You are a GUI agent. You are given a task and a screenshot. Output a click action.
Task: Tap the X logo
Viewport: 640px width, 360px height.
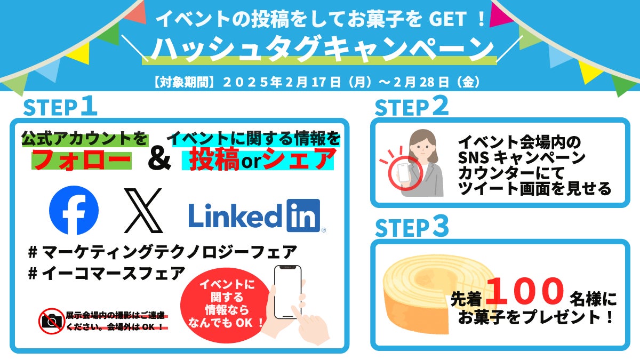click(x=143, y=211)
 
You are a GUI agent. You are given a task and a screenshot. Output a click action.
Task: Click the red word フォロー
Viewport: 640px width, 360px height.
click(x=82, y=159)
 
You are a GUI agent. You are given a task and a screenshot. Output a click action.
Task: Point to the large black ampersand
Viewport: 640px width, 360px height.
click(x=159, y=159)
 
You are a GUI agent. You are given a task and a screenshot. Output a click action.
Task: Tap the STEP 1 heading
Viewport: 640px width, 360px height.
click(x=60, y=107)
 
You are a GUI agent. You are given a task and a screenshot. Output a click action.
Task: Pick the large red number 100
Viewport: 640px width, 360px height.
click(x=525, y=291)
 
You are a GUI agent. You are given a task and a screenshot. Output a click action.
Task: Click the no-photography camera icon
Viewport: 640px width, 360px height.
click(x=51, y=321)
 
